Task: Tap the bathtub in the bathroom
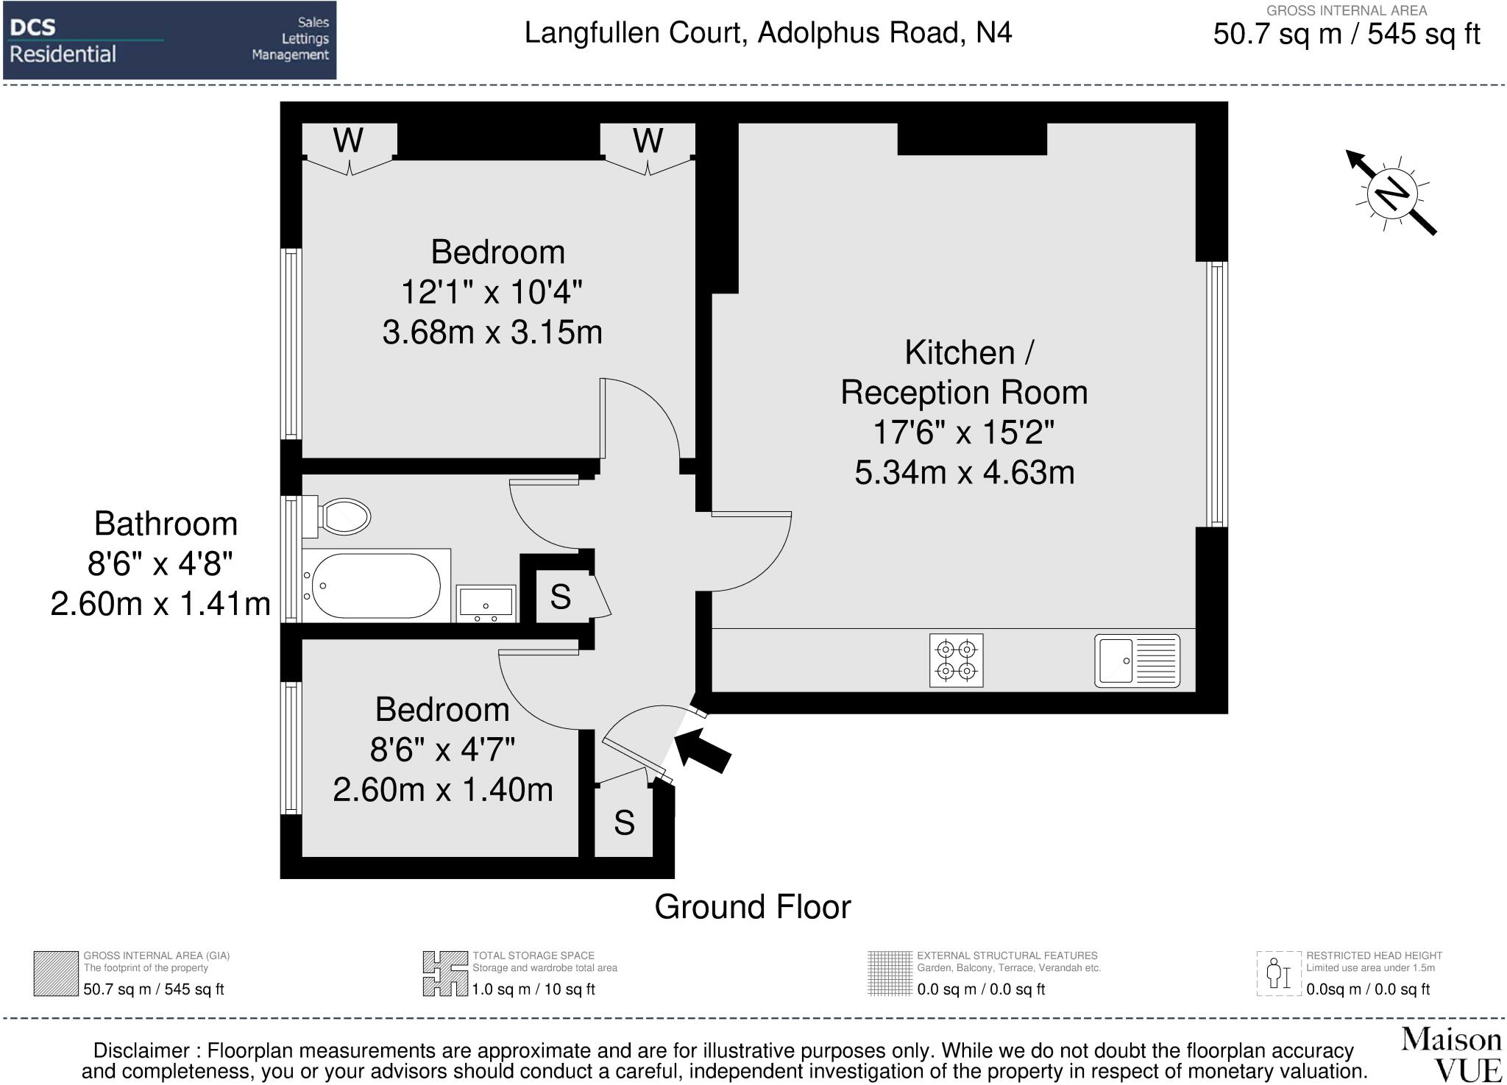pyautogui.click(x=376, y=586)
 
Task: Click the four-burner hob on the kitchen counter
pyautogui.click(x=956, y=661)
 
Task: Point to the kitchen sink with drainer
pyautogui.click(x=1137, y=661)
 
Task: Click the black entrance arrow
pyautogui.click(x=702, y=750)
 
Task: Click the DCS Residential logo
pyautogui.click(x=170, y=40)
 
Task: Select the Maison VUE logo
pyautogui.click(x=1451, y=1055)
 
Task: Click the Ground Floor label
pyautogui.click(x=753, y=907)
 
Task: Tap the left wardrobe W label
pyautogui.click(x=348, y=140)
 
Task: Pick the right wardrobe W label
pyautogui.click(x=648, y=140)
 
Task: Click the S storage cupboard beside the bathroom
pyautogui.click(x=561, y=597)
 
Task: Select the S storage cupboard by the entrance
pyautogui.click(x=624, y=822)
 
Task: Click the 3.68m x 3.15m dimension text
pyautogui.click(x=492, y=332)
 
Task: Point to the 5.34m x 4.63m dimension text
pyautogui.click(x=965, y=472)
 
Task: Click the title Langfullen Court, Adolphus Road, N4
pyautogui.click(x=768, y=33)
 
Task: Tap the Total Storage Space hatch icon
pyautogui.click(x=445, y=974)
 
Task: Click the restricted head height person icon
pyautogui.click(x=1279, y=974)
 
